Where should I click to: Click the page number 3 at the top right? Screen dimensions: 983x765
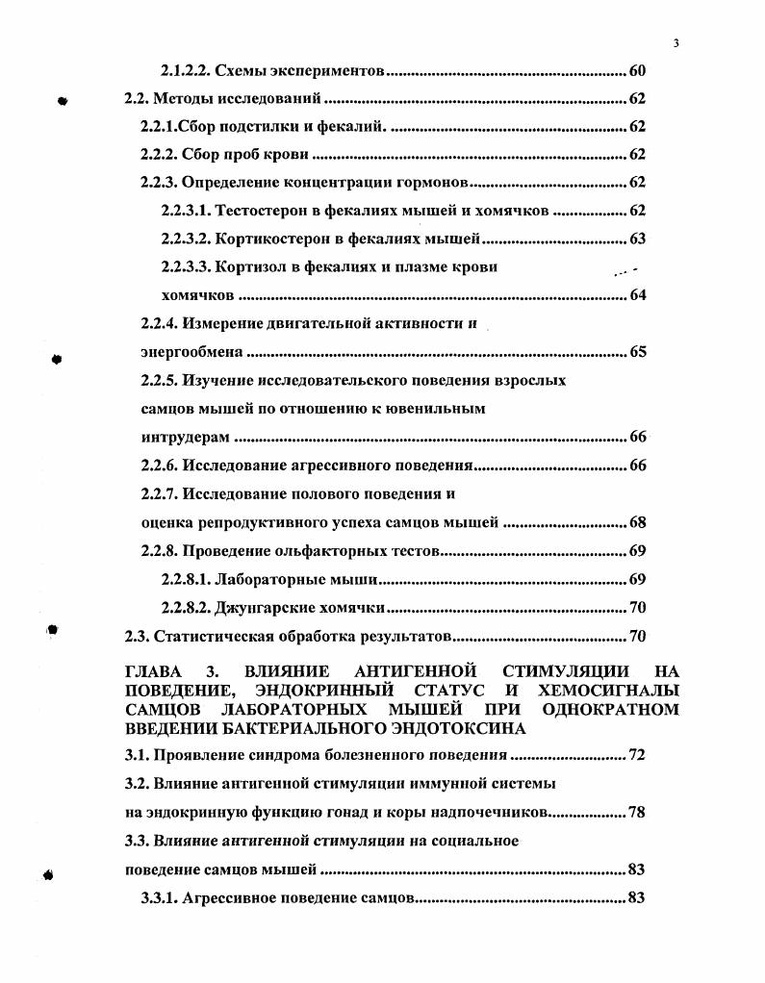coord(676,42)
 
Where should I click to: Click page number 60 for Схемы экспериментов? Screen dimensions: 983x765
coord(636,71)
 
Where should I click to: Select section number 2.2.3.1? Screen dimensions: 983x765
coord(185,211)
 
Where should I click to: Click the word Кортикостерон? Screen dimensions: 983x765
coord(271,239)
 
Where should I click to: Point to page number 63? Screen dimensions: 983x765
coord(636,239)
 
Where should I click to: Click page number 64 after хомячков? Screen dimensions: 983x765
coord(636,294)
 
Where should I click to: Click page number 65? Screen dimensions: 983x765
coord(636,351)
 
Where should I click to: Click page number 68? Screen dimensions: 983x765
coord(636,522)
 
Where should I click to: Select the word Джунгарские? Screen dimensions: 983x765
coord(262,607)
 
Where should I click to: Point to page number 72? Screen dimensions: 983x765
coord(636,755)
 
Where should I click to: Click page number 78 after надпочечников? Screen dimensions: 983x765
coord(636,812)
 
